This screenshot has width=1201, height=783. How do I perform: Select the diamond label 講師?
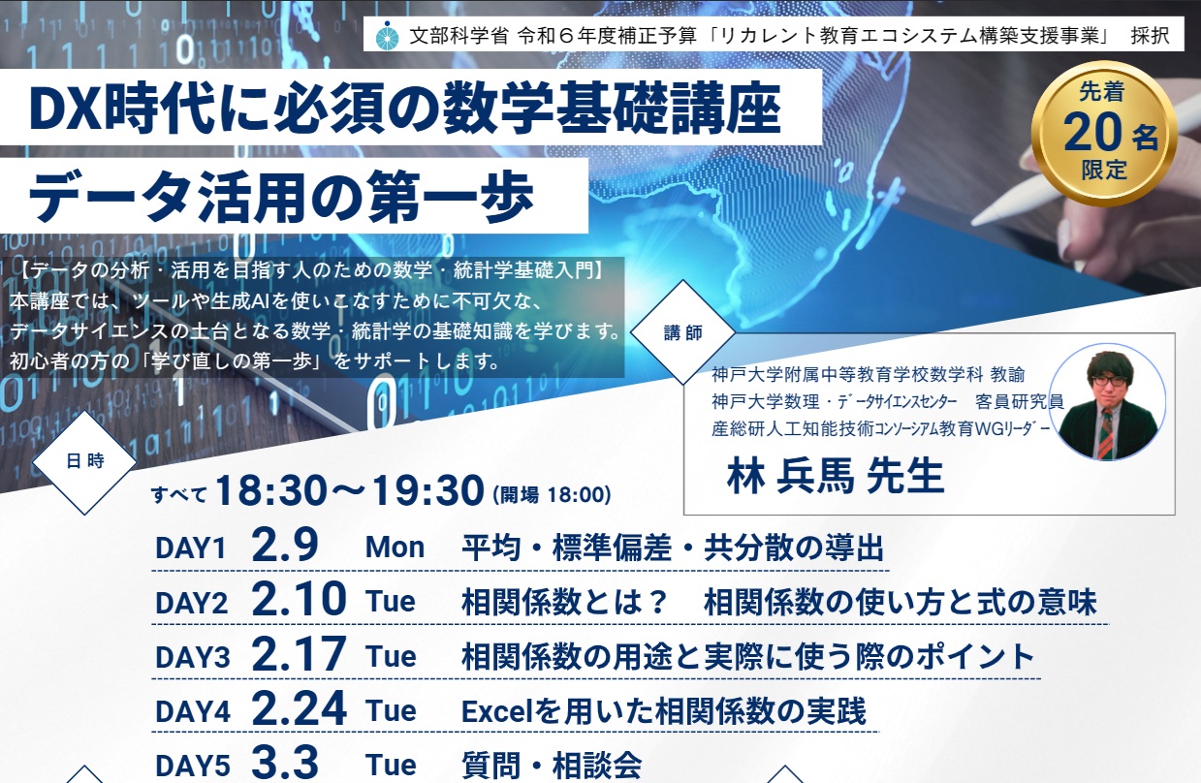(x=683, y=332)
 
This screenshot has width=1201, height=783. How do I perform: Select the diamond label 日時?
(x=85, y=462)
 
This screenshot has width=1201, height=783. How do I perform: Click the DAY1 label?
(x=190, y=548)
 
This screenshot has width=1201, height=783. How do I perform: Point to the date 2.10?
(x=298, y=602)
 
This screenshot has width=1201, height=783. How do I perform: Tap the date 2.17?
(x=298, y=657)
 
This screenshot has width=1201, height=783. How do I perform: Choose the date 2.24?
(x=298, y=711)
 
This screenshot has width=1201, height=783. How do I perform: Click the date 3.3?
(x=284, y=765)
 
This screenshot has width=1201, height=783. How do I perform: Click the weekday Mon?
(x=395, y=548)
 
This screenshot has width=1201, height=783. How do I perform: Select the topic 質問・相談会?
(x=552, y=766)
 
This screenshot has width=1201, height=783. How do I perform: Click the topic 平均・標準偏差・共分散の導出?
(x=673, y=548)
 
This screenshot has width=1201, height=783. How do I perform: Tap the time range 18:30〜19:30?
(x=349, y=493)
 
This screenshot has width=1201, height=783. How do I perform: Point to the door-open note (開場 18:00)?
(x=552, y=495)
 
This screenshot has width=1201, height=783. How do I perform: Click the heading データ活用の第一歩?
(x=281, y=198)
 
